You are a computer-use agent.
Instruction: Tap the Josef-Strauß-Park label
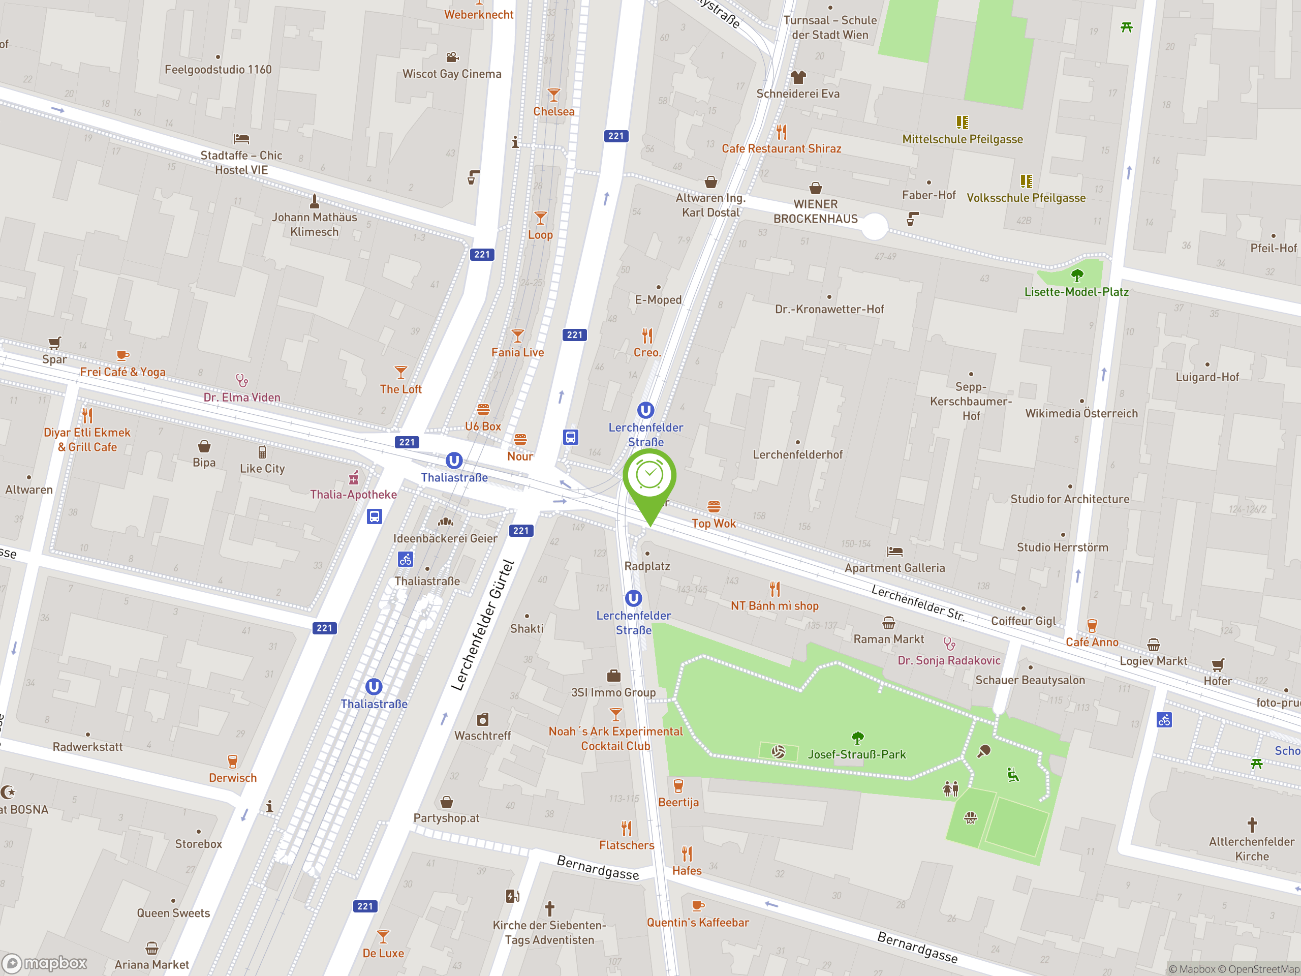click(856, 754)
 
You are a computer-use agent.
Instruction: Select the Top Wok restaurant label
click(714, 523)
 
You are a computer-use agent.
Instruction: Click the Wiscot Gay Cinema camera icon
click(452, 57)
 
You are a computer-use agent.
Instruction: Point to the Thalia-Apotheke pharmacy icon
click(354, 478)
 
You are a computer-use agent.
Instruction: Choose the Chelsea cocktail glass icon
click(553, 95)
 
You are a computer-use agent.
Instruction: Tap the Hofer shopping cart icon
click(1218, 665)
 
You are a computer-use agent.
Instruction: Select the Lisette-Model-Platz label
click(1076, 292)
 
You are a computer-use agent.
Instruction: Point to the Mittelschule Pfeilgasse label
click(962, 139)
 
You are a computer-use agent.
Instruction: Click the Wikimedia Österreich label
click(1081, 413)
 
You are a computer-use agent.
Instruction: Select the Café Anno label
click(1092, 642)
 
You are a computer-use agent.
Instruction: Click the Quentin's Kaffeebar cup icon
click(698, 906)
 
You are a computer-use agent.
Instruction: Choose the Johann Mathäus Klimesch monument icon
click(314, 201)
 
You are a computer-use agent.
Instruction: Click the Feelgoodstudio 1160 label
click(218, 70)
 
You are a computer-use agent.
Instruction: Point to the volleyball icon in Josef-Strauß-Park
click(778, 752)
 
